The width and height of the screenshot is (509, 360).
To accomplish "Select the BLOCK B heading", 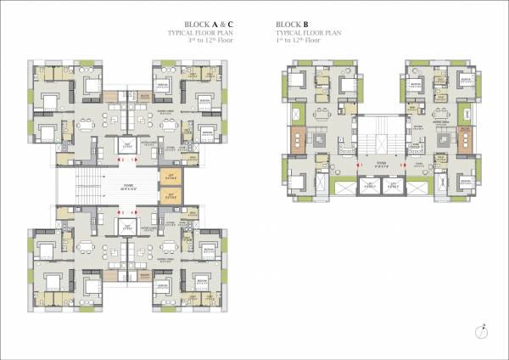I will click(x=294, y=24).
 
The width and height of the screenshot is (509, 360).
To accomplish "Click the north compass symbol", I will click(x=482, y=330).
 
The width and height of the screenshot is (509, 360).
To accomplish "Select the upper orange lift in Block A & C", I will click(x=170, y=177).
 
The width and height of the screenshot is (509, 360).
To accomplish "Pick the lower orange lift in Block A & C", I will click(x=170, y=197).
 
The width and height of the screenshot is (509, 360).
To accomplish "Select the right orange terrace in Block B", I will click(x=464, y=139).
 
